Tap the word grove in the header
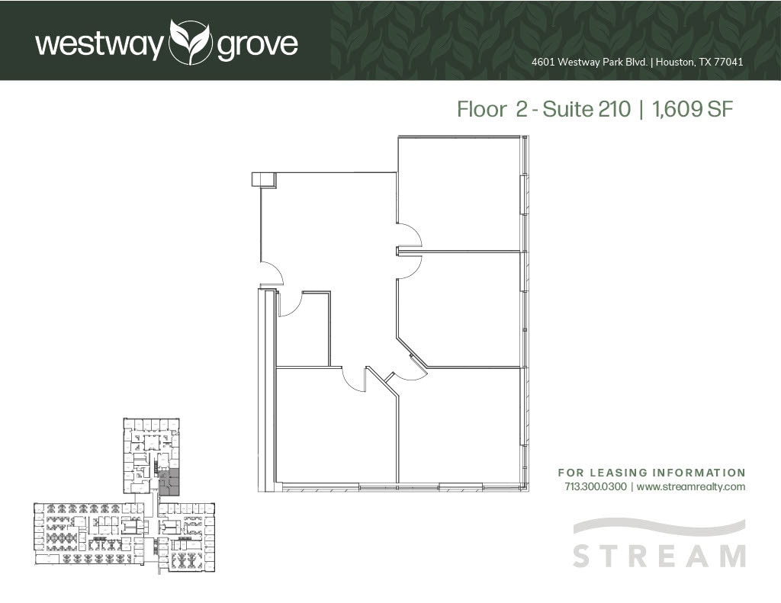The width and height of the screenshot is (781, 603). pyautogui.click(x=257, y=45)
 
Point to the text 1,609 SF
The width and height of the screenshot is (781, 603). pyautogui.click(x=691, y=109)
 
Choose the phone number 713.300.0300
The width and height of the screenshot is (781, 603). pyautogui.click(x=595, y=486)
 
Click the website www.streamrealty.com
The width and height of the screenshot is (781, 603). pyautogui.click(x=690, y=486)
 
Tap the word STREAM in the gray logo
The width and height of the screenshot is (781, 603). pyautogui.click(x=659, y=555)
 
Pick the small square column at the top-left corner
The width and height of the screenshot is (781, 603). pyautogui.click(x=262, y=179)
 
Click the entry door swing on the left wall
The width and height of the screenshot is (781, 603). pyautogui.click(x=272, y=274)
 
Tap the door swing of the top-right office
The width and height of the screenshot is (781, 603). pyautogui.click(x=409, y=234)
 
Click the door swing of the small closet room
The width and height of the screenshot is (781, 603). pyautogui.click(x=291, y=303)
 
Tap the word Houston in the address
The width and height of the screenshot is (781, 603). pyautogui.click(x=673, y=63)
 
